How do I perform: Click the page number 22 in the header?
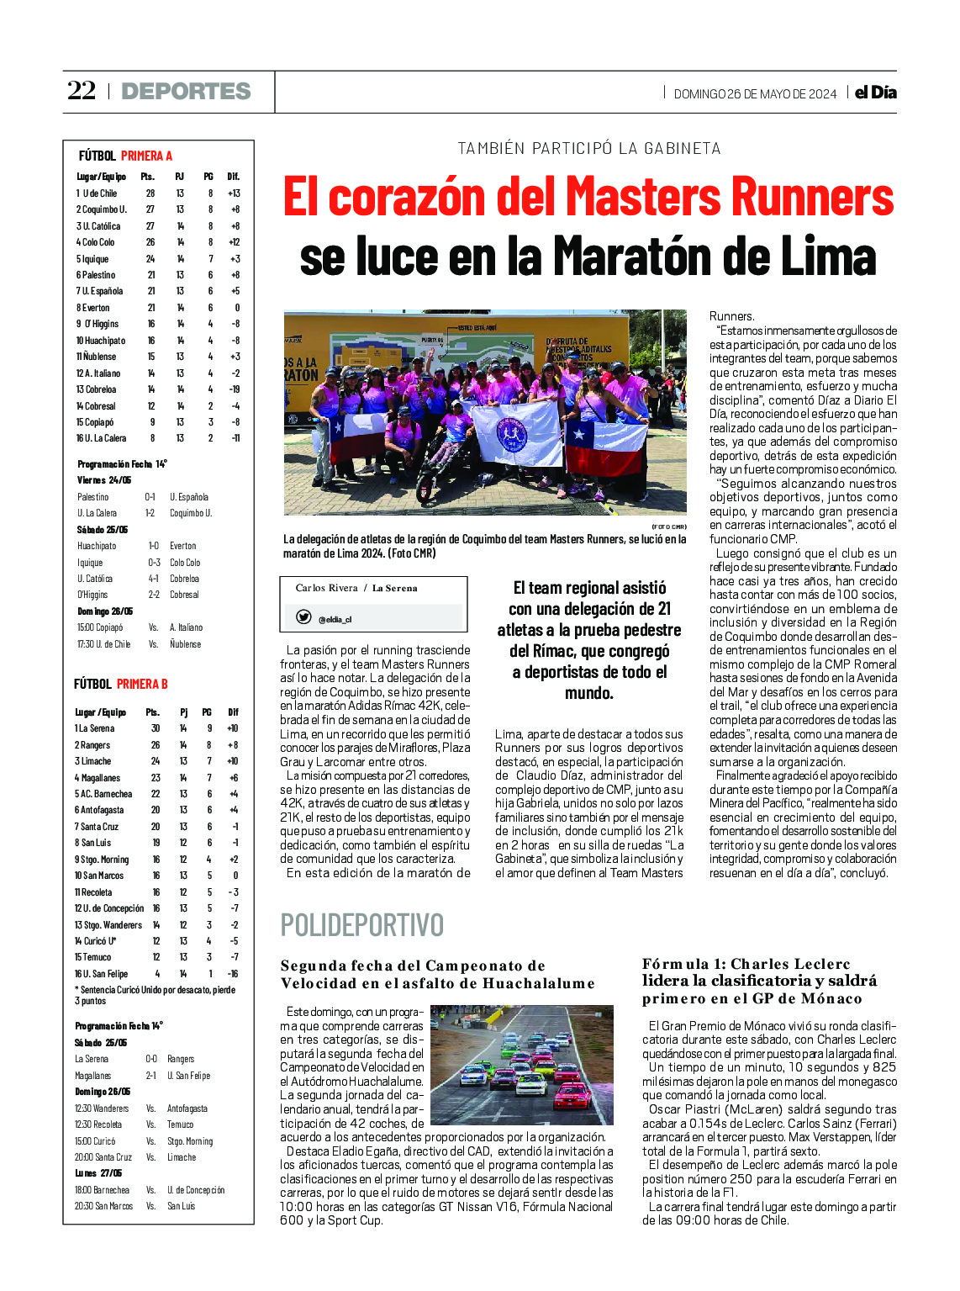pyautogui.click(x=82, y=91)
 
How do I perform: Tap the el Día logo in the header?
pyautogui.click(x=875, y=93)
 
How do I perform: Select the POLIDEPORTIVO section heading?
pyautogui.click(x=361, y=925)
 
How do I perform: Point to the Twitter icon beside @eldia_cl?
pyautogui.click(x=303, y=617)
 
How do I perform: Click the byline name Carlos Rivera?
pyautogui.click(x=326, y=588)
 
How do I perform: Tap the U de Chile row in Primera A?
pyautogui.click(x=98, y=193)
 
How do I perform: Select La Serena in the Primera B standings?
pyautogui.click(x=96, y=728)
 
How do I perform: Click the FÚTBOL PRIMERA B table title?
pyautogui.click(x=120, y=685)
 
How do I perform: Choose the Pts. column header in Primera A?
pyautogui.click(x=148, y=177)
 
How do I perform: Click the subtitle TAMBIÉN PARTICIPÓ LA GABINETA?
pyautogui.click(x=588, y=149)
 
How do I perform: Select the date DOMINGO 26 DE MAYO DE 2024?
pyautogui.click(x=755, y=94)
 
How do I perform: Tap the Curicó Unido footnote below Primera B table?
pyautogui.click(x=155, y=995)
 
